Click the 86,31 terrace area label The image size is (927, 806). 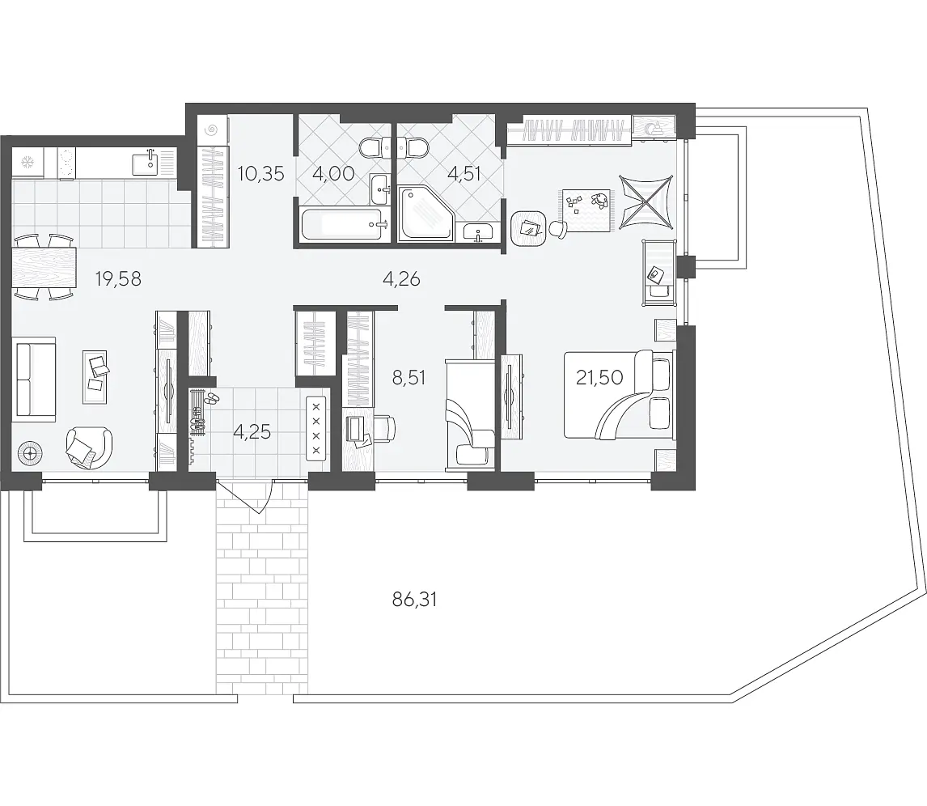pos(414,600)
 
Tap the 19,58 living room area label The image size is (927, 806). pos(118,278)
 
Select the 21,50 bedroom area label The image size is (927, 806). pos(599,377)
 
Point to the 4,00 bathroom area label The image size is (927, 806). pos(332,174)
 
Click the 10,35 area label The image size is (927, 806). pos(260,174)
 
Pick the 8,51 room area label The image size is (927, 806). pos(408,377)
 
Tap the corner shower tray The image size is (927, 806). pos(425,214)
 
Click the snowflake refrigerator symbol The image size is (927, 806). pos(28,161)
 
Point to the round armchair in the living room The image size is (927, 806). pos(89,448)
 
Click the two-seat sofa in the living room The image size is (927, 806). pos(34,380)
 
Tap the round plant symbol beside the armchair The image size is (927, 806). pos(30,454)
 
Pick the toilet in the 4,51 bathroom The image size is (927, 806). pos(413,146)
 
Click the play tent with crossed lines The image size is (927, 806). pos(646,202)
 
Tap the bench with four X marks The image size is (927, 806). pos(315,428)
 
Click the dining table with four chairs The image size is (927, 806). pos(44,267)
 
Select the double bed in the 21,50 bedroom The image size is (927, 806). pos(619,394)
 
